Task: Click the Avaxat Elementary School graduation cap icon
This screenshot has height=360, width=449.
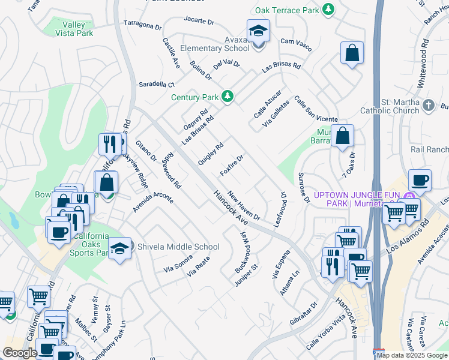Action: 258,31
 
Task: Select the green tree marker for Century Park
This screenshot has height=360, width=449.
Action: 228,96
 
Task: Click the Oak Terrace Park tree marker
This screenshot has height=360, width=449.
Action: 328,10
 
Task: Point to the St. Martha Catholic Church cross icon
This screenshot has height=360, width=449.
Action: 428,106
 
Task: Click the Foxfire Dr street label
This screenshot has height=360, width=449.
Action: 231,165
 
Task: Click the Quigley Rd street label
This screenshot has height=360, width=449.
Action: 211,154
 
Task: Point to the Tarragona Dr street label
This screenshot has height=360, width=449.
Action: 143,26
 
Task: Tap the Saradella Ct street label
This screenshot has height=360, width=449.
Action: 156,85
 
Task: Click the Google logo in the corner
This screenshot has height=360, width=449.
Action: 20,353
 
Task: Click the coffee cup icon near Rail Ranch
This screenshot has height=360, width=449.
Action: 420,179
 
